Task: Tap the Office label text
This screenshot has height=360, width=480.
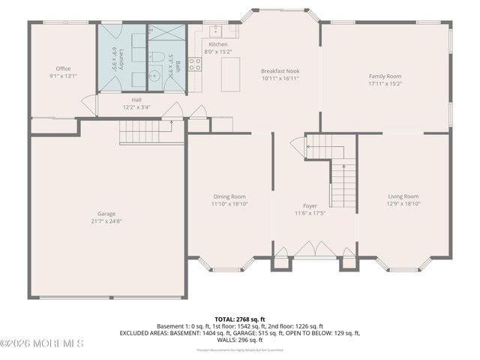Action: coord(63,68)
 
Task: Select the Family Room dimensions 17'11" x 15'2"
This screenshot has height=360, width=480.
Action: coord(384,84)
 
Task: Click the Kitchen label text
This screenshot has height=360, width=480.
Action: coord(208,44)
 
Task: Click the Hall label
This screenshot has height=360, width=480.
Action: coord(136,99)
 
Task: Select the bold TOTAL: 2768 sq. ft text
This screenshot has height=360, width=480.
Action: coord(240,319)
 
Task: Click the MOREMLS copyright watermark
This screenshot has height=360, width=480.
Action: coord(42,343)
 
